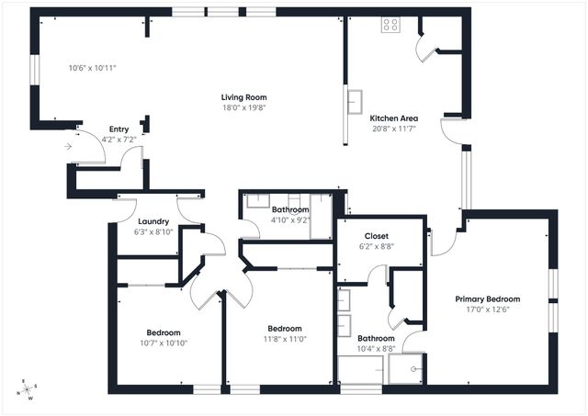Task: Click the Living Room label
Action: [x=243, y=96]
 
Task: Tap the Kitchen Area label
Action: [x=394, y=118]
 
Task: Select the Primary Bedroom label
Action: [x=488, y=298]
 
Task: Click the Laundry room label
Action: [x=153, y=221]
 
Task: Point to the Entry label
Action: [x=119, y=129]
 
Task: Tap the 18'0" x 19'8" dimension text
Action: [x=243, y=107]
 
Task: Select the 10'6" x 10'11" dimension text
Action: [x=92, y=68]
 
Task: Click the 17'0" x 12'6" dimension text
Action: [x=488, y=309]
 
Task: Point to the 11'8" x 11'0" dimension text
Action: [x=285, y=339]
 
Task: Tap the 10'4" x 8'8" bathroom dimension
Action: [x=376, y=348]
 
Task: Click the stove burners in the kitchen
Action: [x=390, y=25]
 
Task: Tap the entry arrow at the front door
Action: [x=70, y=146]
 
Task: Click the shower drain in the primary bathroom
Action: [x=416, y=367]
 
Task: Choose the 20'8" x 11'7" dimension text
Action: [x=394, y=129]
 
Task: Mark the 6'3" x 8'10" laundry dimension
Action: [x=153, y=232]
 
